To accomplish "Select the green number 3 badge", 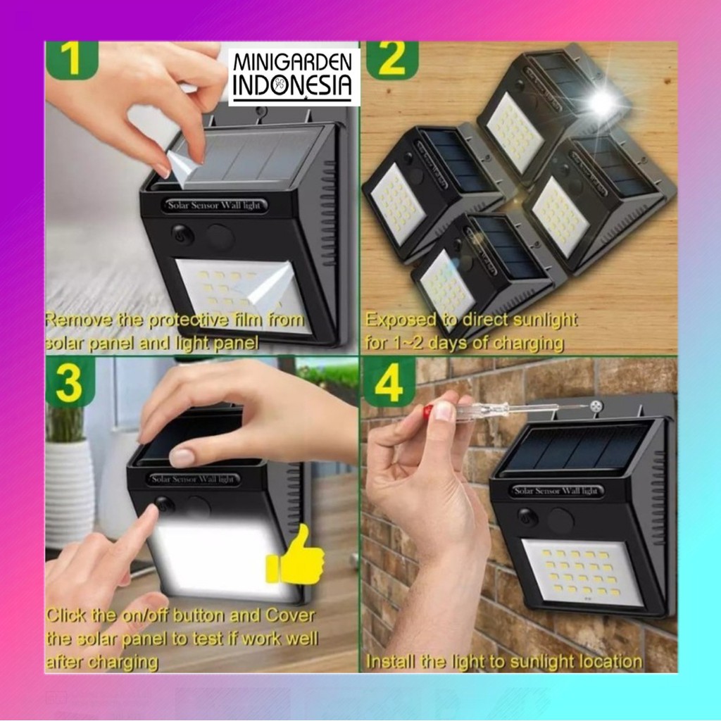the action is click(70, 381).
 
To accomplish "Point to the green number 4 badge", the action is click(389, 382).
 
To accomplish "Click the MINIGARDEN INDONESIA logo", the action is click(294, 76).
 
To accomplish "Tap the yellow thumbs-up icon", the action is click(296, 556).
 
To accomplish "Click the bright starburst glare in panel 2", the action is click(603, 103).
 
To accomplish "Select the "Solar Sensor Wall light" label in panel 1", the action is click(214, 205).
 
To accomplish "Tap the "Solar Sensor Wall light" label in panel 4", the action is click(556, 491).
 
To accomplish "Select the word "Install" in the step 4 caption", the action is click(389, 661).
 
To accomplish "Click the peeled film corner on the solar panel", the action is click(182, 166).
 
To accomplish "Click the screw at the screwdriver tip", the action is click(596, 406).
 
